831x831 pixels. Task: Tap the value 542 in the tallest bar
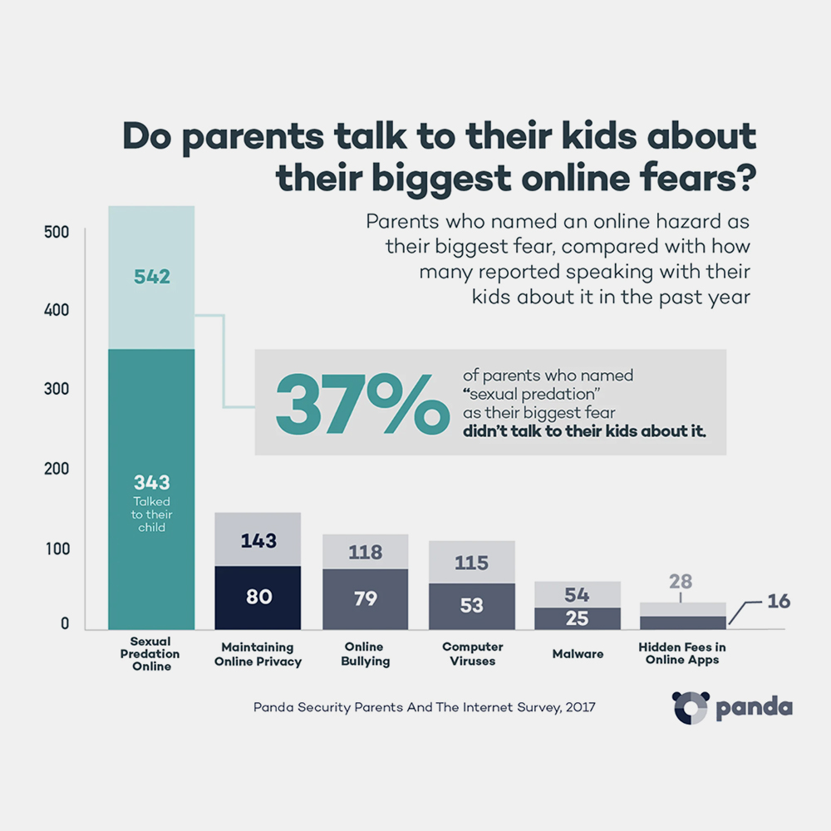151,277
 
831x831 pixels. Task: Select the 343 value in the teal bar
151,482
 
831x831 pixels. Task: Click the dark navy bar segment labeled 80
258,597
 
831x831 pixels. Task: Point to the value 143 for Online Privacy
258,540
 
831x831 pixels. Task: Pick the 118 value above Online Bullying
365,552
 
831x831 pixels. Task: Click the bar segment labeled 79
365,598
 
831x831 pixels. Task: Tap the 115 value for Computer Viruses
471,563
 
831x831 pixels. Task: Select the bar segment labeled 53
471,605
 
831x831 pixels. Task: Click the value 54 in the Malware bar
578,593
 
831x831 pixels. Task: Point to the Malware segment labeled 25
578,617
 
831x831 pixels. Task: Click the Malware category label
578,654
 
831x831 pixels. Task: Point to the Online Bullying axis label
365,654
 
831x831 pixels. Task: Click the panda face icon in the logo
690,707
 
